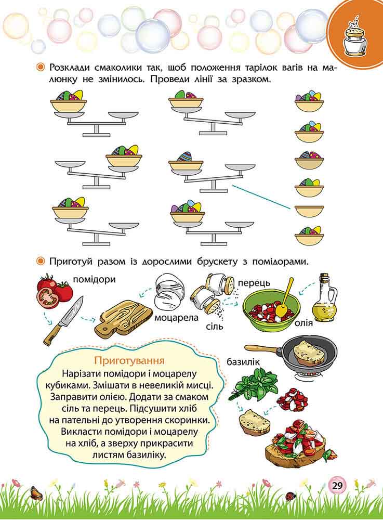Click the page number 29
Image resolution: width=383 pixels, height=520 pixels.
337,486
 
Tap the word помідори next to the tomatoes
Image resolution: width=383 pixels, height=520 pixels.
94,279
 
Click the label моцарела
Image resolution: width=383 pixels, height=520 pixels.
177,317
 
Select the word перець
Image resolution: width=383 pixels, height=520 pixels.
254,283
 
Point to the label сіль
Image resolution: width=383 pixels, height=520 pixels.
214,327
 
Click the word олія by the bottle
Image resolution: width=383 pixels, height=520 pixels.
304,322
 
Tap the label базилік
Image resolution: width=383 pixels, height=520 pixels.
244,362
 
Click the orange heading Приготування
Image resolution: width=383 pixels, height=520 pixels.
129,360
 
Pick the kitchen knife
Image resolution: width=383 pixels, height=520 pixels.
63,321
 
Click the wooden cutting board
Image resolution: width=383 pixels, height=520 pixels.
123,318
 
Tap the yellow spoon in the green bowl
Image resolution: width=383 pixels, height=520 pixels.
284,298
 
